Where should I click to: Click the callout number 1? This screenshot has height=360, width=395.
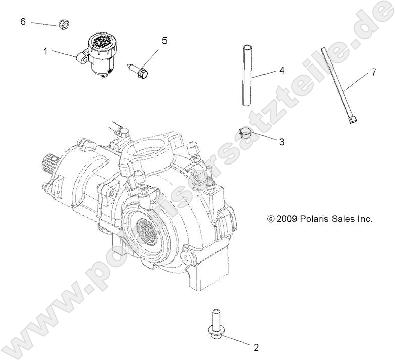(45, 51)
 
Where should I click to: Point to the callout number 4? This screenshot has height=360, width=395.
(281, 72)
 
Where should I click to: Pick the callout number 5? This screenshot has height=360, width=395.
(164, 41)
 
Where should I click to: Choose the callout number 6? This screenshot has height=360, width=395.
(23, 21)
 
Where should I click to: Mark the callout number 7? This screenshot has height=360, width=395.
(373, 72)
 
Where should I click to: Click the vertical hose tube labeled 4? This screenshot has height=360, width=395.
(246, 75)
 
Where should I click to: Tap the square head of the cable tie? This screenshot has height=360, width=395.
(354, 119)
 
